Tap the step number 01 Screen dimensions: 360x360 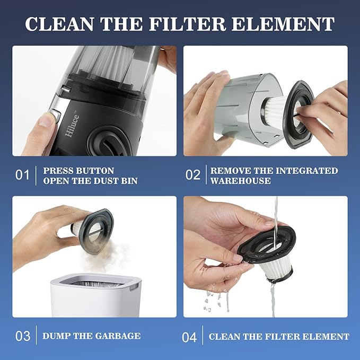[x=22, y=175]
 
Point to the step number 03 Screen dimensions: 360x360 [x=22, y=336]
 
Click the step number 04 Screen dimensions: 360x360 [x=190, y=336]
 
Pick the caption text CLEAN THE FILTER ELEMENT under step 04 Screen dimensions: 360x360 [x=279, y=336]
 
